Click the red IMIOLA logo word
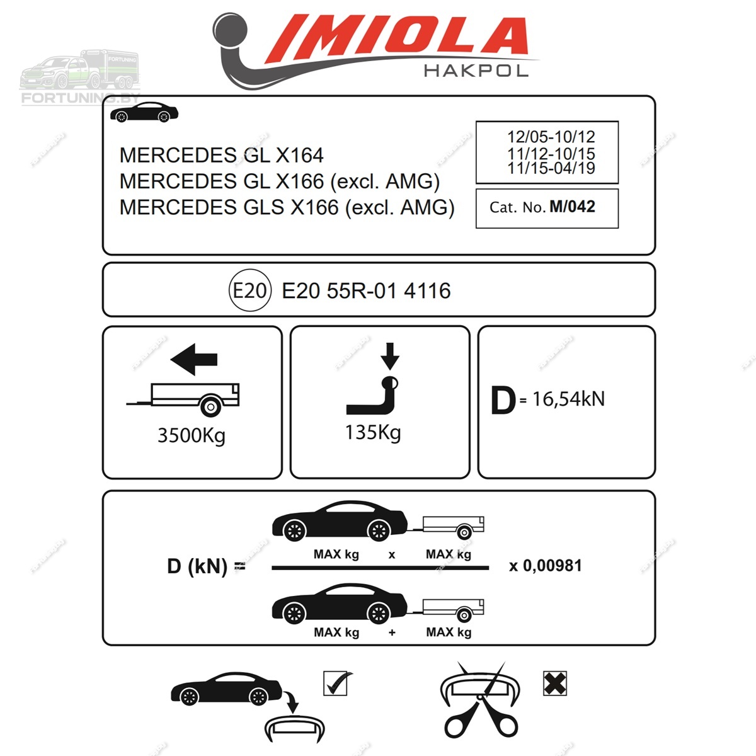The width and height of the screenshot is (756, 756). pyautogui.click(x=397, y=38)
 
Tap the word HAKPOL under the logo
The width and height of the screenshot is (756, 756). pyautogui.click(x=476, y=71)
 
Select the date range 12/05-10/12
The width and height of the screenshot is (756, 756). pyautogui.click(x=551, y=137)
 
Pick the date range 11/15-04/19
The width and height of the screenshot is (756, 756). pyautogui.click(x=551, y=168)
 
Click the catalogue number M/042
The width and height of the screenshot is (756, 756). pyautogui.click(x=572, y=207)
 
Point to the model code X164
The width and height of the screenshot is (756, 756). pyautogui.click(x=300, y=156)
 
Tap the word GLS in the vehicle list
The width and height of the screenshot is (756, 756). pyautogui.click(x=263, y=207)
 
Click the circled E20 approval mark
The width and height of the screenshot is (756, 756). pyautogui.click(x=250, y=290)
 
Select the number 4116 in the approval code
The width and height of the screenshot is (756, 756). pyautogui.click(x=427, y=290)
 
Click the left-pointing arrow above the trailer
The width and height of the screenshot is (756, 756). pyautogui.click(x=194, y=359)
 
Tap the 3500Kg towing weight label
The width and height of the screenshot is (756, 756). pyautogui.click(x=192, y=436)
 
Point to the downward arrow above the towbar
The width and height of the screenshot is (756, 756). pyautogui.click(x=390, y=356)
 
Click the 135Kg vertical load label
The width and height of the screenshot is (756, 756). pyautogui.click(x=373, y=433)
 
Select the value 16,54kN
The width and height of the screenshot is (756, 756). pyautogui.click(x=569, y=399)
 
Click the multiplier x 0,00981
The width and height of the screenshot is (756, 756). pyautogui.click(x=546, y=566)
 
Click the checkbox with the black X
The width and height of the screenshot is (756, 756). pyautogui.click(x=555, y=683)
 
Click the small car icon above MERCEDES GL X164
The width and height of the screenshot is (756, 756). pyautogui.click(x=144, y=112)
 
